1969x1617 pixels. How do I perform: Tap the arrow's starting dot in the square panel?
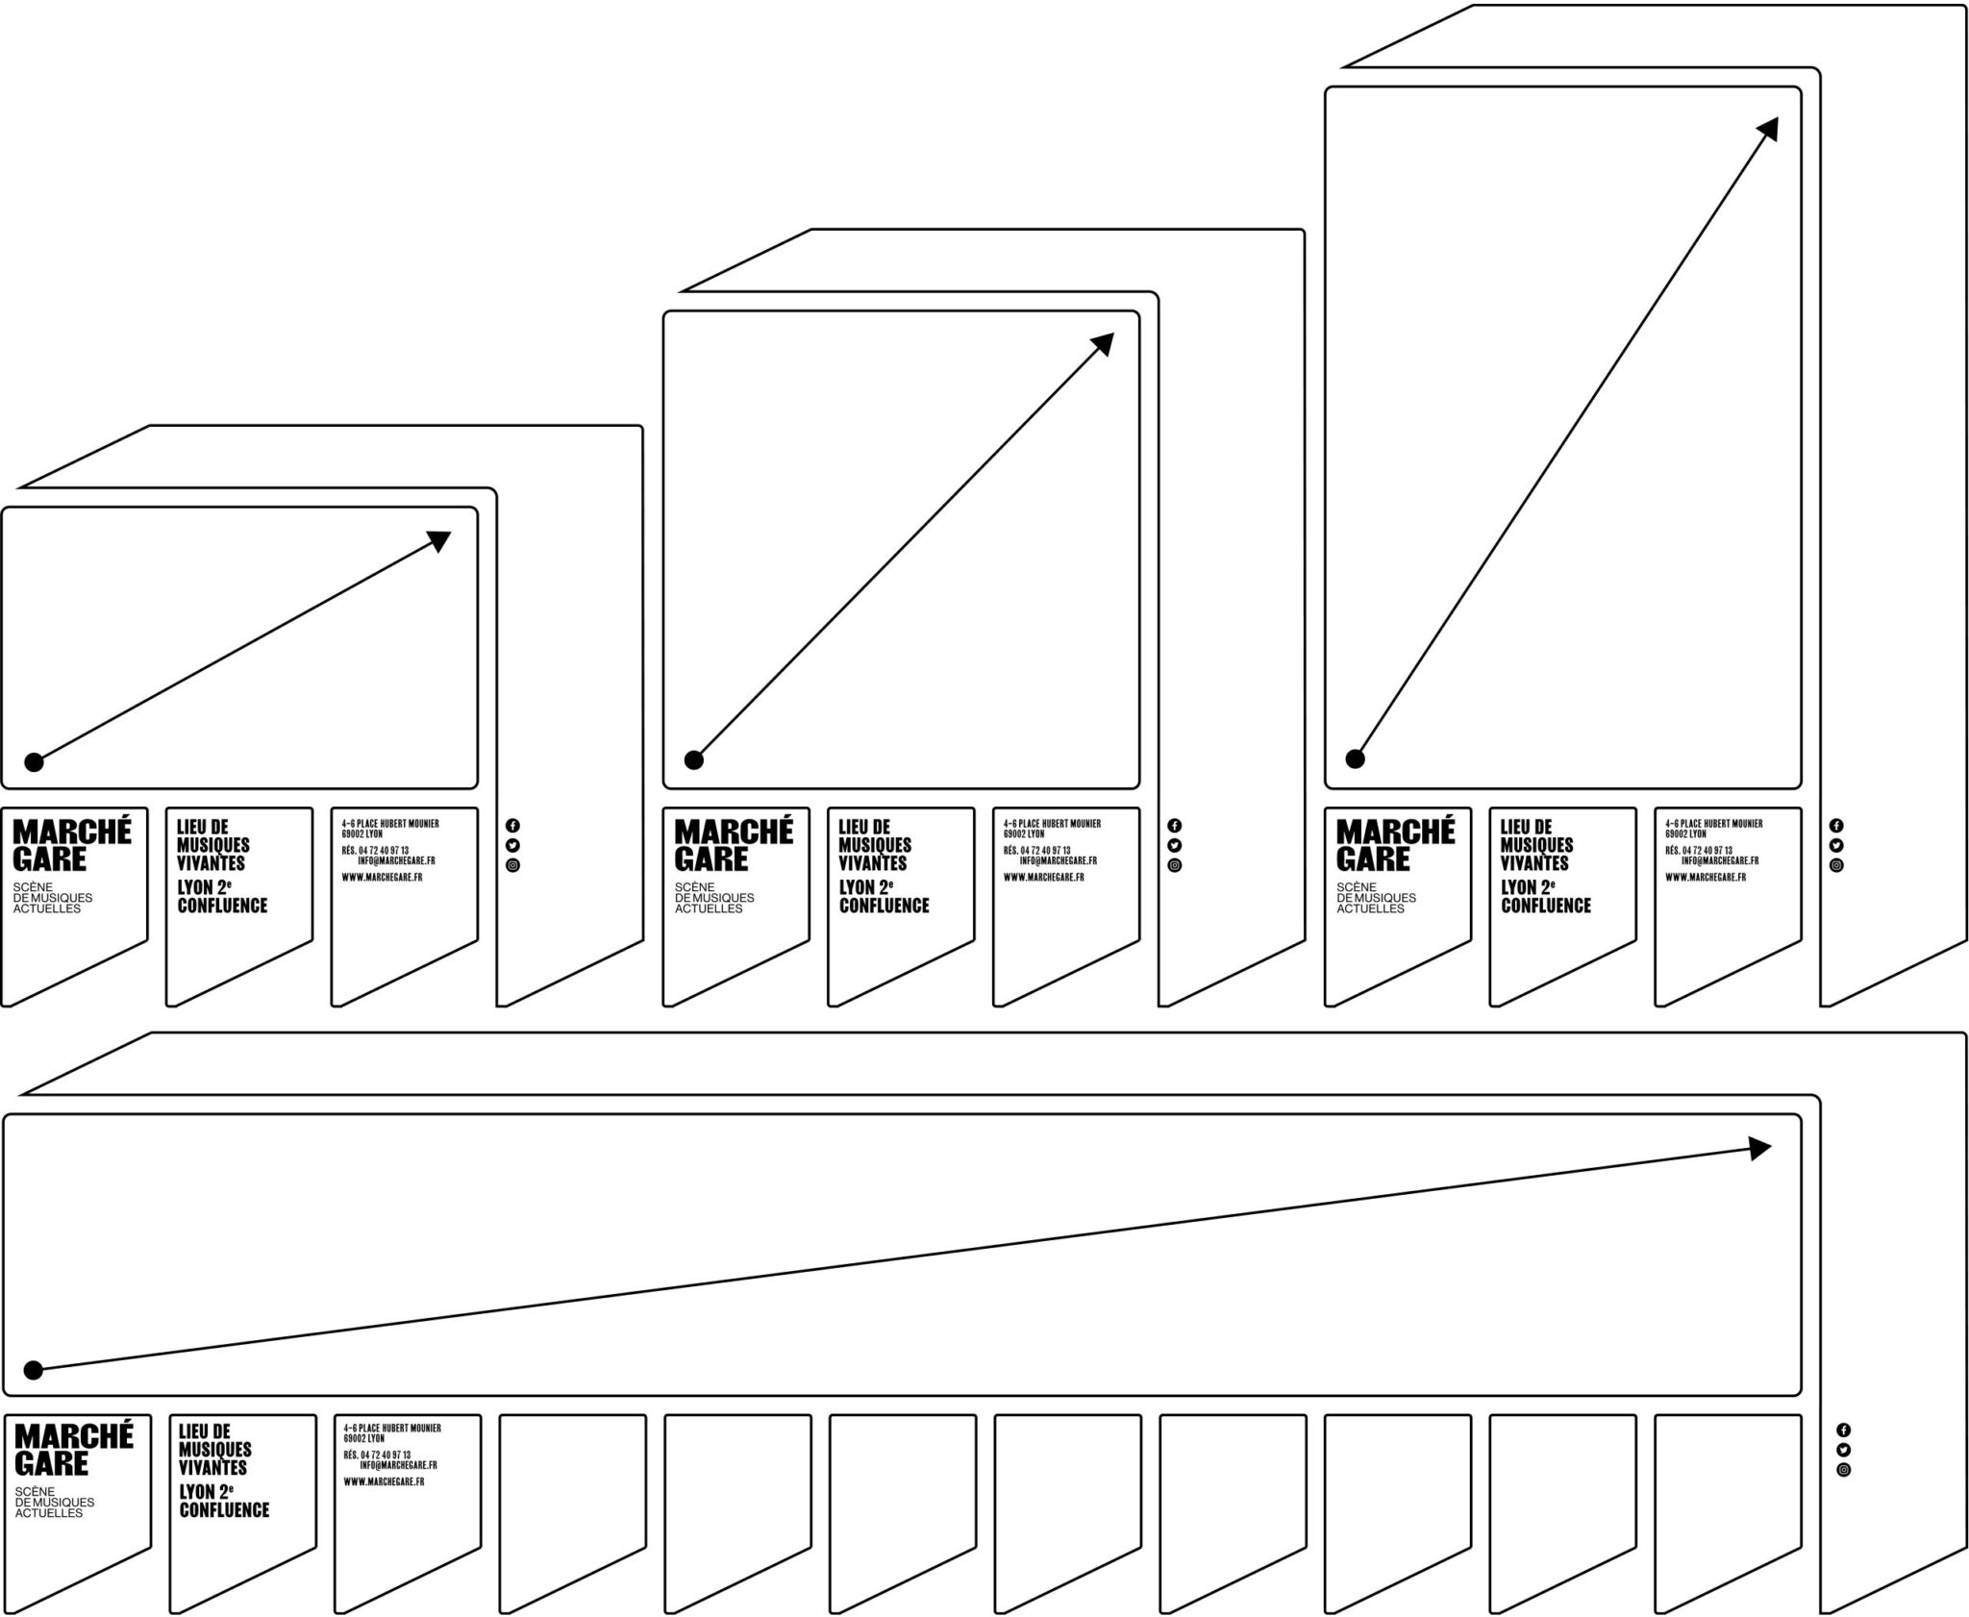(693, 759)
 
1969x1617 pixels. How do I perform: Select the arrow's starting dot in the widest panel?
(33, 1370)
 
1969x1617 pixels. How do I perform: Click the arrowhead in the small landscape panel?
(439, 541)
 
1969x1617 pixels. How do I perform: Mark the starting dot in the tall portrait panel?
(1355, 759)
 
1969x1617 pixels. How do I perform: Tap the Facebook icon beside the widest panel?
(1843, 1430)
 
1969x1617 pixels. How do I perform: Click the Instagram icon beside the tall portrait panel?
(1836, 865)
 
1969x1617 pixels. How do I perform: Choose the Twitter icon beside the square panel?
(1174, 845)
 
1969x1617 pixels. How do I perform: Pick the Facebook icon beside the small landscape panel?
(512, 825)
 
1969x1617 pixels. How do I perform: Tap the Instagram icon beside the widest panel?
(1843, 1469)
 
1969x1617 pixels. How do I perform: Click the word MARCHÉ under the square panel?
(734, 832)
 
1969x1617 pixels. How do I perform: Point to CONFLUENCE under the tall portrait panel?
(1546, 906)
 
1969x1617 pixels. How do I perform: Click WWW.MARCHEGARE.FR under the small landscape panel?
(382, 877)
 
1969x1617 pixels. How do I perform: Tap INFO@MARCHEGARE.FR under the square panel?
(1058, 860)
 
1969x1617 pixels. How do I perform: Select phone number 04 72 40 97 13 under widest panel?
(386, 1455)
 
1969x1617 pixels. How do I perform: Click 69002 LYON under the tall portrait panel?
(1685, 833)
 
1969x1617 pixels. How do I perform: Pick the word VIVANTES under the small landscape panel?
(211, 863)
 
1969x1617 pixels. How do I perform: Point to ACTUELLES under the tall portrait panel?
(1370, 908)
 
